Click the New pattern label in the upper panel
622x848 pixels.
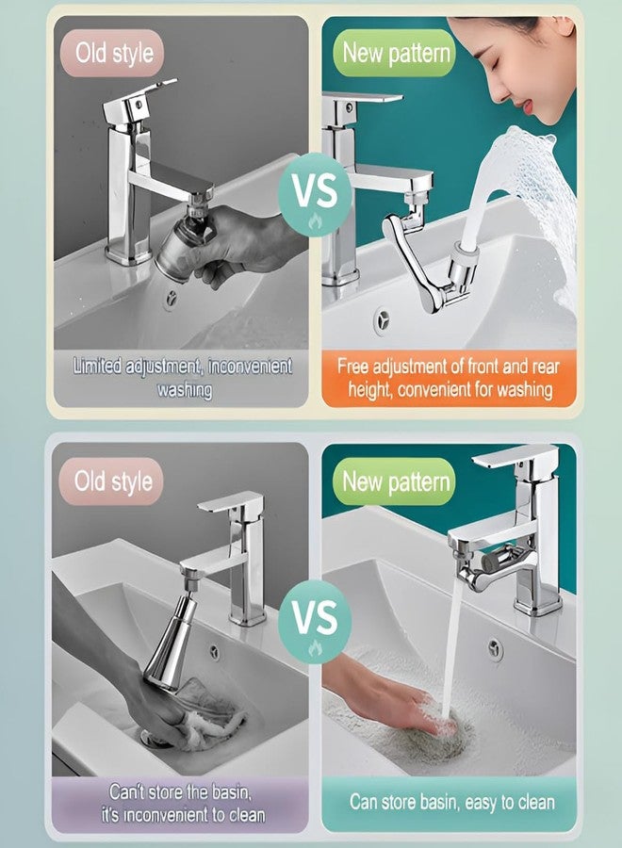coord(396,52)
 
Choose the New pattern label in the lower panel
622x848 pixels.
coord(396,482)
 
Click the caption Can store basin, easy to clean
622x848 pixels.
coord(452,803)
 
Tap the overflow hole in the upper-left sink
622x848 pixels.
coord(171,300)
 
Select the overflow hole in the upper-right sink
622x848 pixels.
coord(382,317)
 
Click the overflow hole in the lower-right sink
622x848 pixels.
coord(495,648)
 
